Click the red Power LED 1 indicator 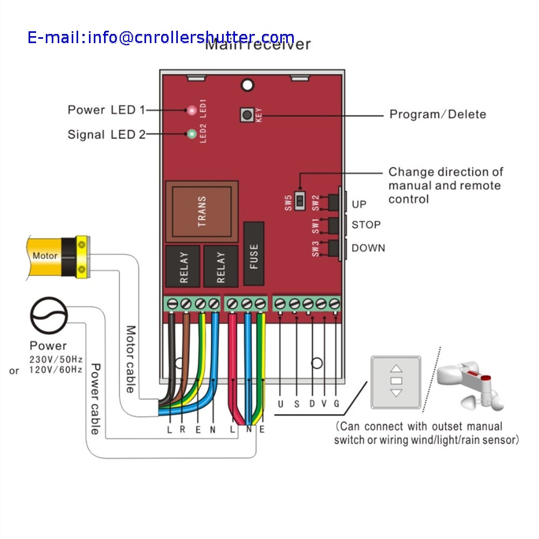click(x=191, y=110)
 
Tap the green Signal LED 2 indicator click(x=191, y=134)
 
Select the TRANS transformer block click(x=202, y=211)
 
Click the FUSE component click(x=254, y=254)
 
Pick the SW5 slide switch click(x=301, y=201)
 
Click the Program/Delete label click(x=438, y=114)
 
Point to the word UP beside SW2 click(x=359, y=205)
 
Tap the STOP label click(x=366, y=225)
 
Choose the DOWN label click(x=368, y=248)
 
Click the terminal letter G click(x=336, y=404)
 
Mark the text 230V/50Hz click(x=56, y=359)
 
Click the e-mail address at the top click(x=161, y=37)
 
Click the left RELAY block click(x=183, y=267)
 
